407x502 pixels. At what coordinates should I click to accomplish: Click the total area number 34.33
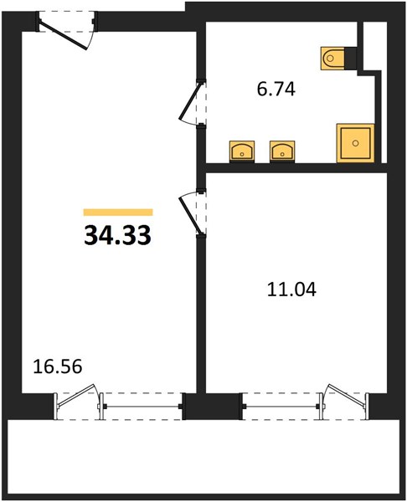click(117, 235)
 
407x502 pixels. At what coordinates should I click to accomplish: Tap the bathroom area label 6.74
click(276, 89)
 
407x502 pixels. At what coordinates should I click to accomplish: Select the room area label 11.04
click(291, 289)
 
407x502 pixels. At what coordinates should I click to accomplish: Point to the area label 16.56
click(58, 366)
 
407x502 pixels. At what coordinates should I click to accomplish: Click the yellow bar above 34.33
click(118, 213)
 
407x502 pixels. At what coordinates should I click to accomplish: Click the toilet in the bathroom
click(332, 59)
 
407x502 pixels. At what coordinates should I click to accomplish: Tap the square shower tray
click(355, 143)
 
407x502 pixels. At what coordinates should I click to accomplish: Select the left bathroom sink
click(242, 151)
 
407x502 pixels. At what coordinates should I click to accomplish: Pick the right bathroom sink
click(282, 151)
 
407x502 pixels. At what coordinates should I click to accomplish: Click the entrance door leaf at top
click(64, 35)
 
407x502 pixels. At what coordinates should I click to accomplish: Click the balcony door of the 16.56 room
click(76, 397)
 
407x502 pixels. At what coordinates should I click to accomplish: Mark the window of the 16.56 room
click(142, 407)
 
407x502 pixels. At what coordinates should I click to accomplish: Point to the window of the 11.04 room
click(281, 407)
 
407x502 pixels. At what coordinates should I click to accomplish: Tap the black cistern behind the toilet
click(351, 59)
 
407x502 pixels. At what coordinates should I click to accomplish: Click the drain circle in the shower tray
click(355, 143)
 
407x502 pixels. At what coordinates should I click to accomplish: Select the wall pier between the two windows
click(212, 406)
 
